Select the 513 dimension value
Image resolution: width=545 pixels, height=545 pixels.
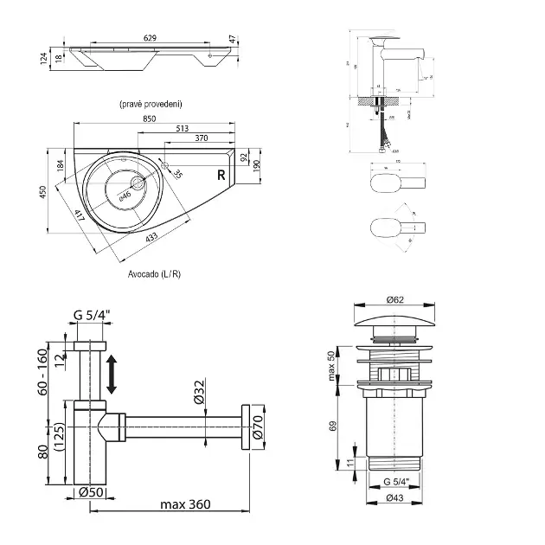(183, 128)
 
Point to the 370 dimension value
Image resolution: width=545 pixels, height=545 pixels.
(201, 138)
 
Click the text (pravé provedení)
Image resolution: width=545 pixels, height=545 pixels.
(151, 103)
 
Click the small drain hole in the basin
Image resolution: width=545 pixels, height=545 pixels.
(139, 183)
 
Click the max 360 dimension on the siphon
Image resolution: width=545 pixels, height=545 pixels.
(184, 503)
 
